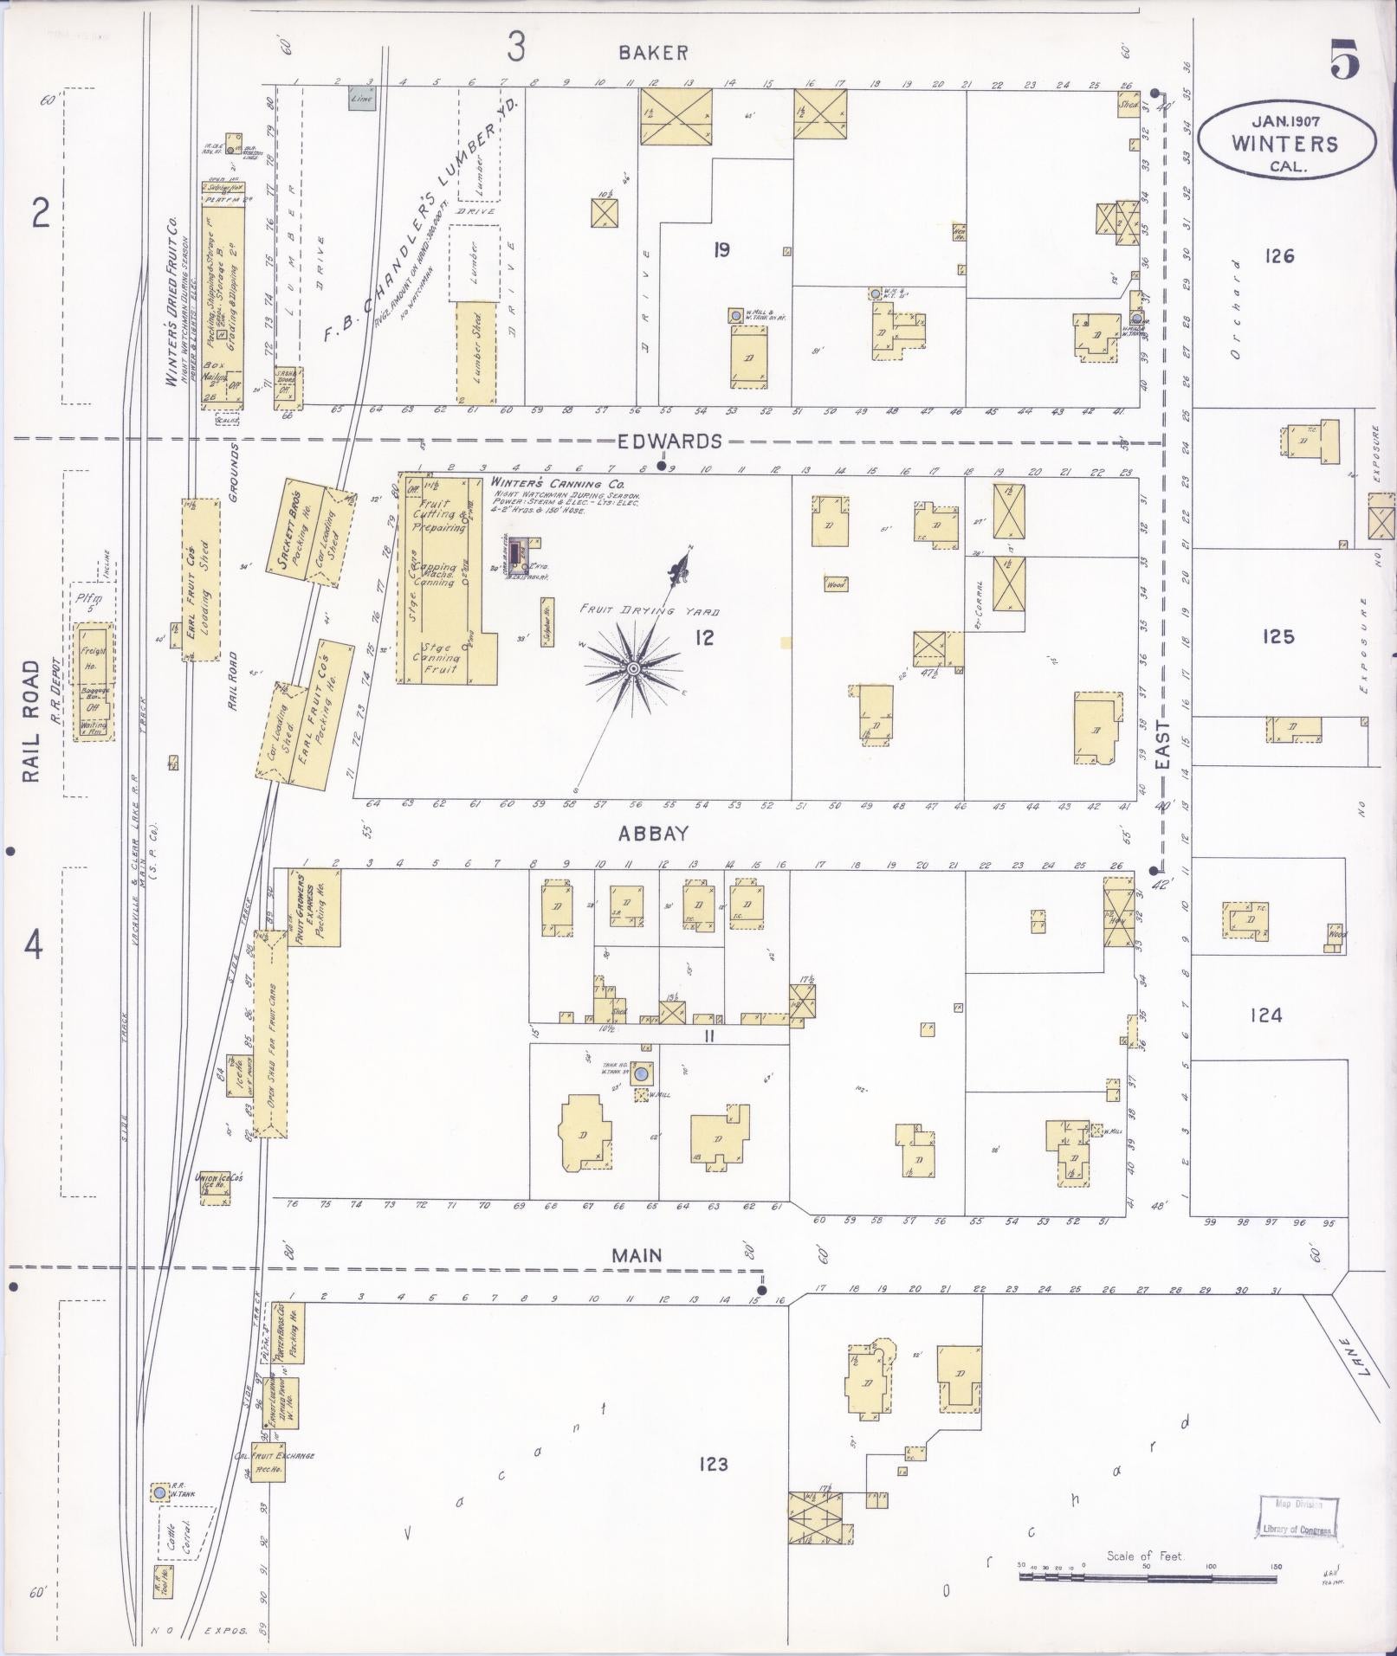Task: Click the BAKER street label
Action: tap(653, 54)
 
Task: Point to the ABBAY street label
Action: tap(653, 834)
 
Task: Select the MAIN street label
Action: tap(637, 1255)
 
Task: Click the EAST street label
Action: tap(1162, 744)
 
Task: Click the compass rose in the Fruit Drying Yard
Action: tap(633, 668)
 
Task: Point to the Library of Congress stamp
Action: tap(1296, 1516)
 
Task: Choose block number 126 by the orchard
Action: tap(1278, 256)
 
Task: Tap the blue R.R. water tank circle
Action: tap(159, 1493)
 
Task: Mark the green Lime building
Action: tap(361, 99)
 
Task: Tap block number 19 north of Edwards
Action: tap(721, 250)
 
